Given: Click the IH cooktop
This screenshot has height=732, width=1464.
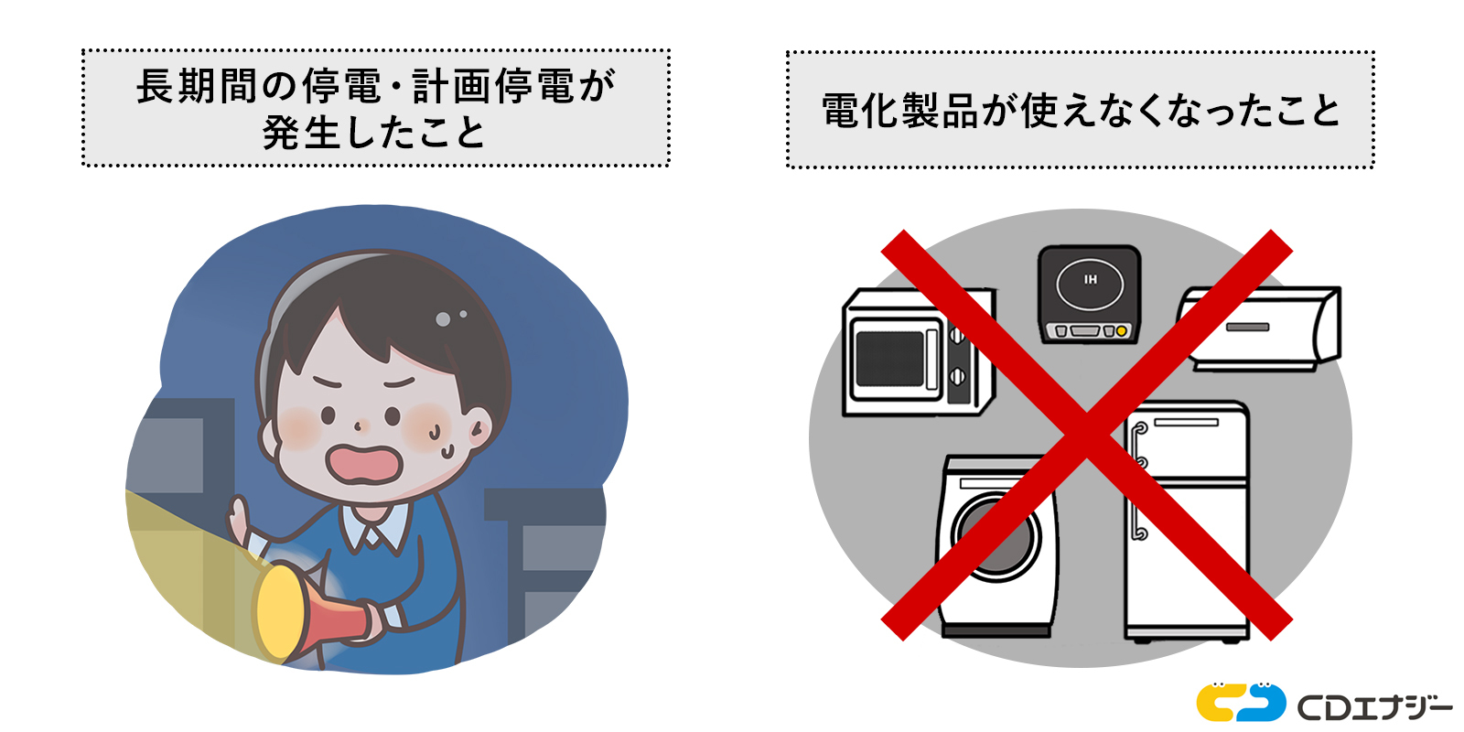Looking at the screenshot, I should coord(1089,293).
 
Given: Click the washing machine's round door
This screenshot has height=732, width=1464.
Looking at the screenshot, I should coord(996,535).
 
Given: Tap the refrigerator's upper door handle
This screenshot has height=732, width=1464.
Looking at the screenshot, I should coord(1138,444).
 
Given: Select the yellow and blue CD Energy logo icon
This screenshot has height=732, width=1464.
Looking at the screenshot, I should coord(1240,703).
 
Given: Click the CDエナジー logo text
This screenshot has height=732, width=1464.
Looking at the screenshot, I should coord(1373,706).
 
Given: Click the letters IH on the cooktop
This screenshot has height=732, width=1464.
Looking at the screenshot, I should coord(1090,279).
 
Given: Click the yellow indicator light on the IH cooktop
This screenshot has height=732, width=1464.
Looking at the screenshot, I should coord(1121,331).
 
